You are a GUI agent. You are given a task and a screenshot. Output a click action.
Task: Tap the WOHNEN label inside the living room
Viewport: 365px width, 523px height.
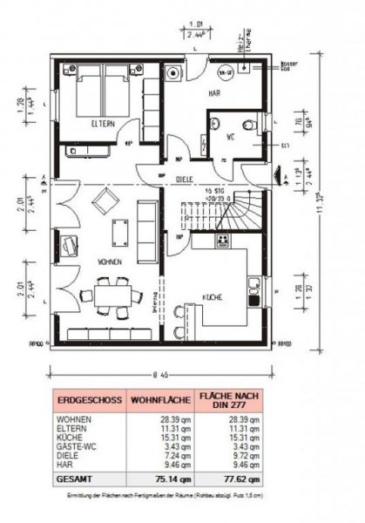(x=110, y=261)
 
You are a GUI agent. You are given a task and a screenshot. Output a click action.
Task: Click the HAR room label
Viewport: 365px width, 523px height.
(x=212, y=92)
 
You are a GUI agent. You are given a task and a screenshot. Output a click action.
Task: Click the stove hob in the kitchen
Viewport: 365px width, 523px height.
(x=224, y=241)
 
